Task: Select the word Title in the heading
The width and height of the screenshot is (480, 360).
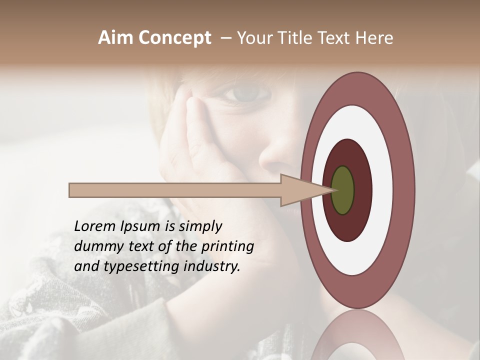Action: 299,38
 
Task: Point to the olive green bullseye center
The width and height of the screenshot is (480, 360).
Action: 342,190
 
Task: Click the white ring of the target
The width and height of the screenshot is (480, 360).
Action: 384,190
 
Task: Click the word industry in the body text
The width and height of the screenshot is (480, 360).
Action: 212,266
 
